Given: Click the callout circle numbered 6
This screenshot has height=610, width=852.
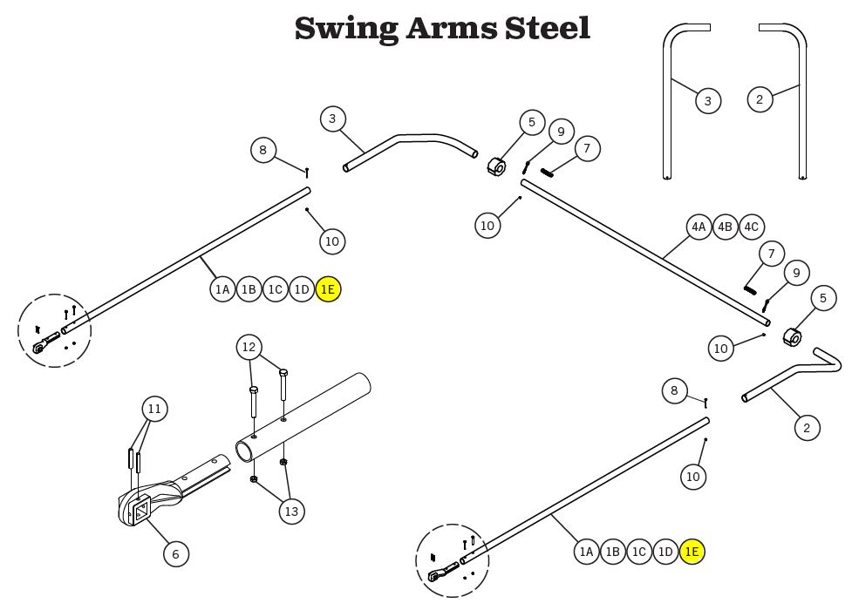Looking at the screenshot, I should tap(175, 553).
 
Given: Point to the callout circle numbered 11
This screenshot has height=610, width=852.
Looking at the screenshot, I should tap(155, 409).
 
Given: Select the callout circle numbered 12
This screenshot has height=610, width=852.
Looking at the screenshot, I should tap(249, 348).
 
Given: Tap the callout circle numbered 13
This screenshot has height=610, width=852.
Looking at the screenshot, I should tap(291, 511).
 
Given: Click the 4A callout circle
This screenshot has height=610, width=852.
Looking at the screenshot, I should tap(699, 227).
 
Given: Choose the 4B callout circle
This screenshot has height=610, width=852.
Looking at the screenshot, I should tap(725, 227).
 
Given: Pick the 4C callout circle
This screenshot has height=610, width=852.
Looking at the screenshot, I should tap(751, 227).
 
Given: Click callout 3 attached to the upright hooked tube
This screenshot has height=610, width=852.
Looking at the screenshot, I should tap(707, 101).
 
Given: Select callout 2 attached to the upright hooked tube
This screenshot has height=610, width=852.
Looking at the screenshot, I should tap(760, 99).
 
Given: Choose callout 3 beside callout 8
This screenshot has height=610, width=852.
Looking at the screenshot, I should tap(332, 119).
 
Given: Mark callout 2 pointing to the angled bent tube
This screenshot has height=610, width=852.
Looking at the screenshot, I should tap(807, 427).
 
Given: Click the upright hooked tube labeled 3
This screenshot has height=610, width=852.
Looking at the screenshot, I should tap(669, 105).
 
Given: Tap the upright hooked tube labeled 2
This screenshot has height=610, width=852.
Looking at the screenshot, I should tap(801, 105).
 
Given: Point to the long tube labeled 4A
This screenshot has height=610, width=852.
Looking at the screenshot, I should tap(645, 254).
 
